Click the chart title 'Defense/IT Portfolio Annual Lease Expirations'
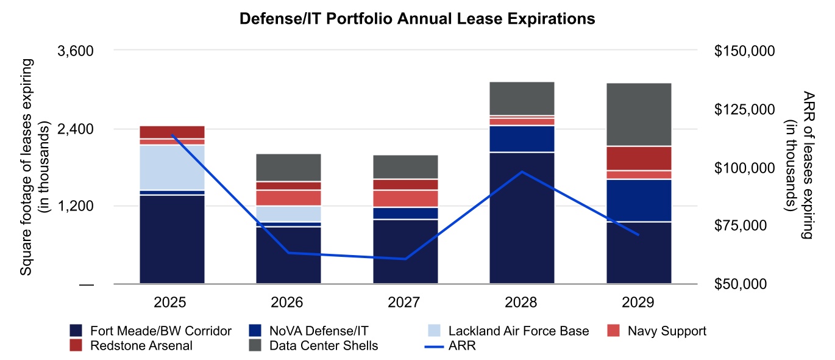[x=417, y=20]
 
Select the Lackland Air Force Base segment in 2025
[x=172, y=168]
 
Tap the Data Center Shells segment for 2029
[x=639, y=115]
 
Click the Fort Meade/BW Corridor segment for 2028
[x=522, y=218]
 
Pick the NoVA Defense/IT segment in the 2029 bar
[x=639, y=200]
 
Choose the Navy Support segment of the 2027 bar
[x=405, y=198]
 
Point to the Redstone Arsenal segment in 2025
[x=172, y=132]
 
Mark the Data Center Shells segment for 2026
[x=288, y=167]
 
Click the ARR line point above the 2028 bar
[x=522, y=171]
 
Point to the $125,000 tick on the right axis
[x=744, y=109]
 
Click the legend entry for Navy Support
[x=666, y=331]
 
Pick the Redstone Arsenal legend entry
[x=140, y=346]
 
